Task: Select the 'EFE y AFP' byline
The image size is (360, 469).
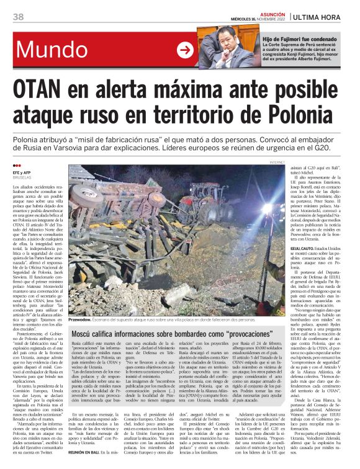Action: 22,172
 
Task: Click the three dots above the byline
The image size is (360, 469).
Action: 17,166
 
